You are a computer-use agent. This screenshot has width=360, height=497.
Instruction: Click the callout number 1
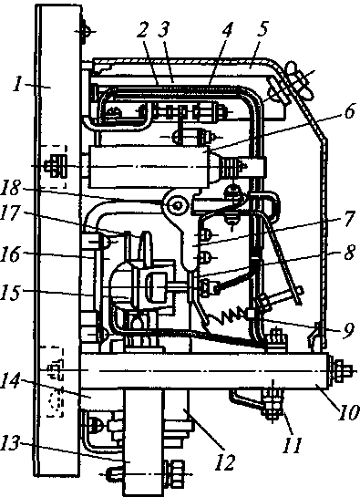[x=20, y=84]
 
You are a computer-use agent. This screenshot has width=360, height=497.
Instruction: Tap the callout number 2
[x=143, y=31]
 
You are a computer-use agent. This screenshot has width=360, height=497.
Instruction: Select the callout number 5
[x=262, y=28]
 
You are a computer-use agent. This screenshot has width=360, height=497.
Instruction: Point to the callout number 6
[x=349, y=111]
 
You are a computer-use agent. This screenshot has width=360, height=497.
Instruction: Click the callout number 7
[x=348, y=218]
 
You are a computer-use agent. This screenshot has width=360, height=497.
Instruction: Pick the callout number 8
[x=349, y=253]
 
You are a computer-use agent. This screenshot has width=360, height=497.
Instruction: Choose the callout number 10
[x=349, y=413]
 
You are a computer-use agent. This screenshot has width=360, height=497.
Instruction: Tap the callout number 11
[x=293, y=444]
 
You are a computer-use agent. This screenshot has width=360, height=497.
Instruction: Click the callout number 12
[x=225, y=461]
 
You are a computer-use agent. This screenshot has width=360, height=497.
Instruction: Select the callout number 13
[x=12, y=444]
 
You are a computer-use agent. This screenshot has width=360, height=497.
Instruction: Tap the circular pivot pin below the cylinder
[x=175, y=206]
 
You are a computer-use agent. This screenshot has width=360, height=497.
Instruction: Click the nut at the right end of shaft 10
[x=343, y=369]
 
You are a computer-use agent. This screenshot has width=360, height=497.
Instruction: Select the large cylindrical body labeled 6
[x=149, y=166]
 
